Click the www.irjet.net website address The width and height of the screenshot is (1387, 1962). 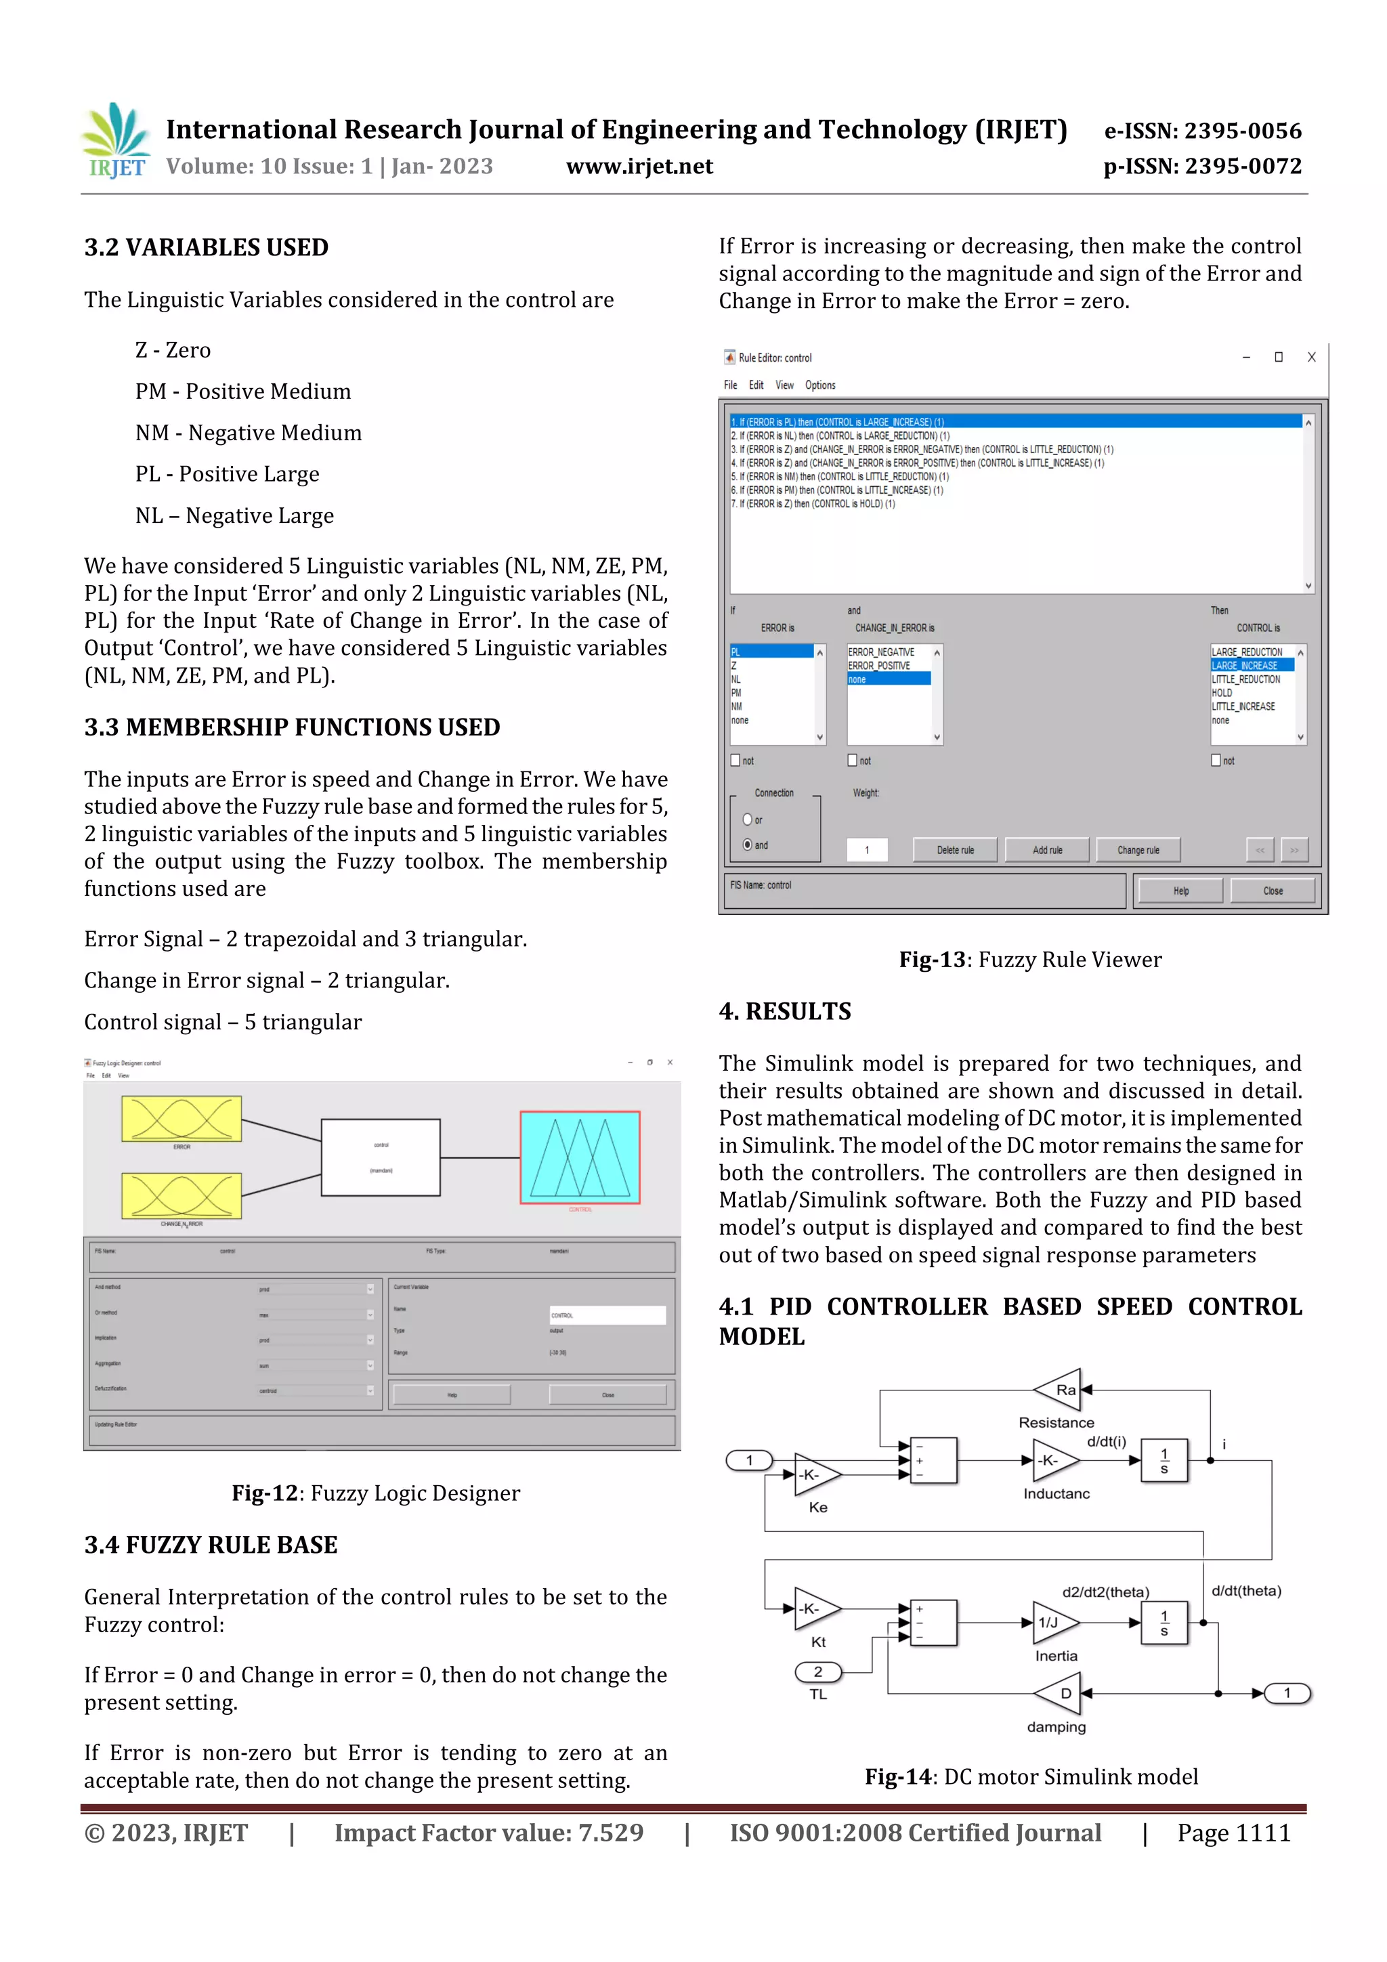pos(639,167)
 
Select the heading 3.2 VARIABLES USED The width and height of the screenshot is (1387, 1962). pos(206,248)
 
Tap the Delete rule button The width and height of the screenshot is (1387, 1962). pos(954,850)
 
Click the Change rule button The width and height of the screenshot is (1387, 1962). pos(1138,850)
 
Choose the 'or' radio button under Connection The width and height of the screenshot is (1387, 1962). pos(748,819)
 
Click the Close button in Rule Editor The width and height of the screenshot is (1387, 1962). pos(1273,891)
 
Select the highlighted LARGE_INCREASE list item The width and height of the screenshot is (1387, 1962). pos(1250,666)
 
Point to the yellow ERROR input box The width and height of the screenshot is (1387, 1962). pos(182,1119)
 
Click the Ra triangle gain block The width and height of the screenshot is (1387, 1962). pos(1060,1390)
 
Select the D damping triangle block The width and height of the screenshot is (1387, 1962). pos(1061,1694)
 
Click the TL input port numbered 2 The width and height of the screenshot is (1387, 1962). pos(818,1672)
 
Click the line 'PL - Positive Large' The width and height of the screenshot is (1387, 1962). pos(228,474)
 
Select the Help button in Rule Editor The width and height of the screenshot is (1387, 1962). pos(1180,891)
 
